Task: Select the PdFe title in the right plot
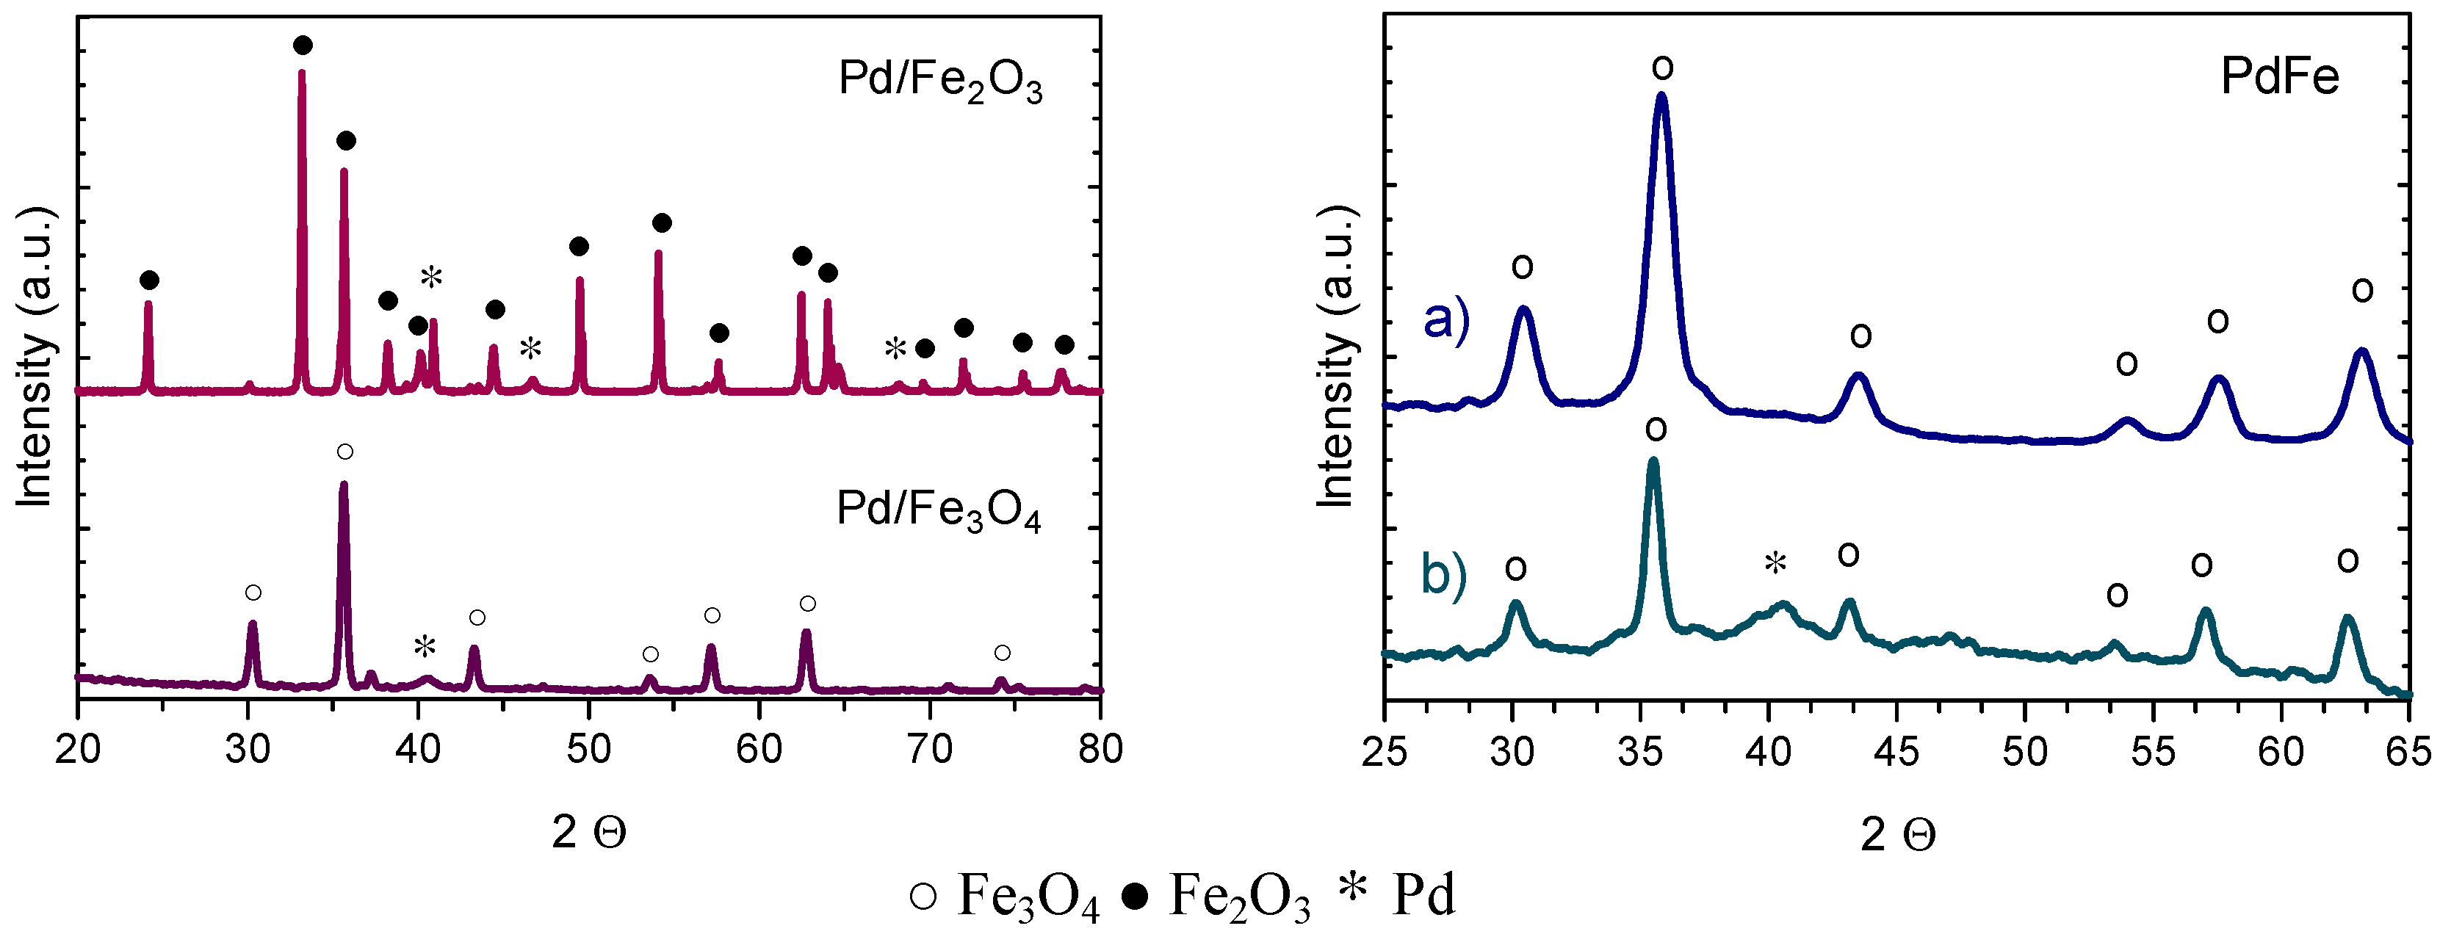click(x=2279, y=76)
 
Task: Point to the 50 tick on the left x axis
click(x=588, y=749)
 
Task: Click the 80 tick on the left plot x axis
click(x=1099, y=749)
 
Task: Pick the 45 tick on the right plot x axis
click(x=1896, y=751)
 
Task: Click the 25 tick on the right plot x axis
click(x=1385, y=751)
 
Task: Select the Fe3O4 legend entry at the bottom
click(x=1004, y=895)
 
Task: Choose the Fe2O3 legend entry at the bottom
click(x=1217, y=895)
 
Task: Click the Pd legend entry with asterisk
click(x=1397, y=894)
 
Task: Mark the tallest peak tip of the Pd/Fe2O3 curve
click(x=301, y=72)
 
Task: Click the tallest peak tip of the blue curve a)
click(x=1661, y=95)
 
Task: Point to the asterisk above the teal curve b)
click(x=1775, y=565)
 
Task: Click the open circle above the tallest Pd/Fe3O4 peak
click(x=344, y=451)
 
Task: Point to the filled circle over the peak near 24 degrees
click(x=148, y=280)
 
